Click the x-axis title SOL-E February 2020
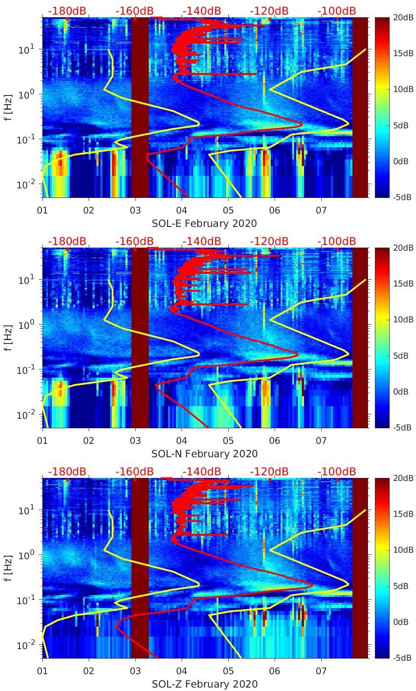[204, 223]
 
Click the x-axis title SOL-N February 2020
[205, 454]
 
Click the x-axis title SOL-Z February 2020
[205, 684]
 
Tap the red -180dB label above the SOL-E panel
[67, 11]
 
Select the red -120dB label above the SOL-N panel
[269, 241]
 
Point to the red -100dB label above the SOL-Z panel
[336, 471]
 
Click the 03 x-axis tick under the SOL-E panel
[135, 210]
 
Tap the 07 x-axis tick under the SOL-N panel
[321, 441]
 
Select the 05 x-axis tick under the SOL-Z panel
[228, 671]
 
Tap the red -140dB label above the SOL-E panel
[202, 11]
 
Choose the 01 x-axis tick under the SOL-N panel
[42, 441]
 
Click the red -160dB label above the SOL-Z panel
[134, 471]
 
